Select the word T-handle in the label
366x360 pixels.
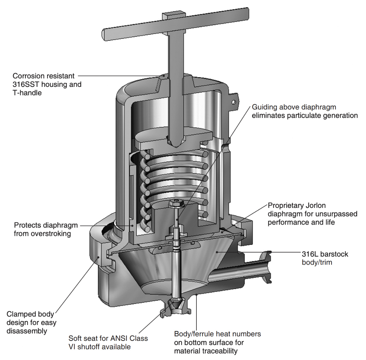coord(27,93)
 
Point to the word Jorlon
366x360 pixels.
coord(315,205)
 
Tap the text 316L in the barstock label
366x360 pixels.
coord(310,254)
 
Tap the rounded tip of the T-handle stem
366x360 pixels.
coord(176,142)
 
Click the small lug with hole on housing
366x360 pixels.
coord(234,101)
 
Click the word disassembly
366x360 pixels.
coord(27,331)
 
